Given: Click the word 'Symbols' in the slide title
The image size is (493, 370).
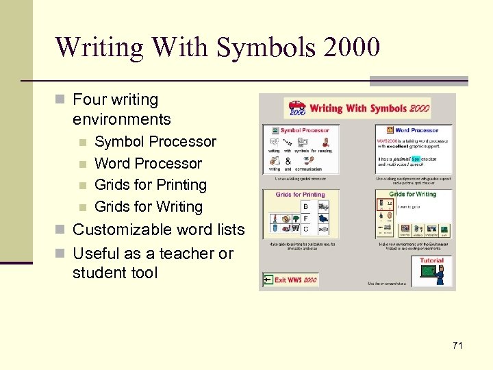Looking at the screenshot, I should [x=253, y=47].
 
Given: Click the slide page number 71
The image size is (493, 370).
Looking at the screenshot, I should [x=457, y=345].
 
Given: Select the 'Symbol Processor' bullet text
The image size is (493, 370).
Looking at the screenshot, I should [x=155, y=142].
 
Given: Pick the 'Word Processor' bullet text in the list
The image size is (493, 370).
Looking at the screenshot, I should [x=148, y=164].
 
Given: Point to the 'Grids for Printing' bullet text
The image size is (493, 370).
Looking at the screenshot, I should [x=150, y=185].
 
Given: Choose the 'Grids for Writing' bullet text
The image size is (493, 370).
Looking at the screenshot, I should [x=149, y=206].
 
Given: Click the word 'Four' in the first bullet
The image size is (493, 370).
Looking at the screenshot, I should [x=90, y=100].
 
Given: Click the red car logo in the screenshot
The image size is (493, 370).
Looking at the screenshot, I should [x=296, y=108].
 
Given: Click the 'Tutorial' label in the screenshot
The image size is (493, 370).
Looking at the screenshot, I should [x=431, y=260].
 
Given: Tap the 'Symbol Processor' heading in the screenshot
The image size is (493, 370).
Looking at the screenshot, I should [x=305, y=130].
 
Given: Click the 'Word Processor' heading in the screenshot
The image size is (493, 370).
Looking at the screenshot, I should [x=416, y=130].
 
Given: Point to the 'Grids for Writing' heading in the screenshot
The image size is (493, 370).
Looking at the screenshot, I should [x=413, y=195].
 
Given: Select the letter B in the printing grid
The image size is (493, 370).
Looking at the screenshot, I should [x=305, y=207].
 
